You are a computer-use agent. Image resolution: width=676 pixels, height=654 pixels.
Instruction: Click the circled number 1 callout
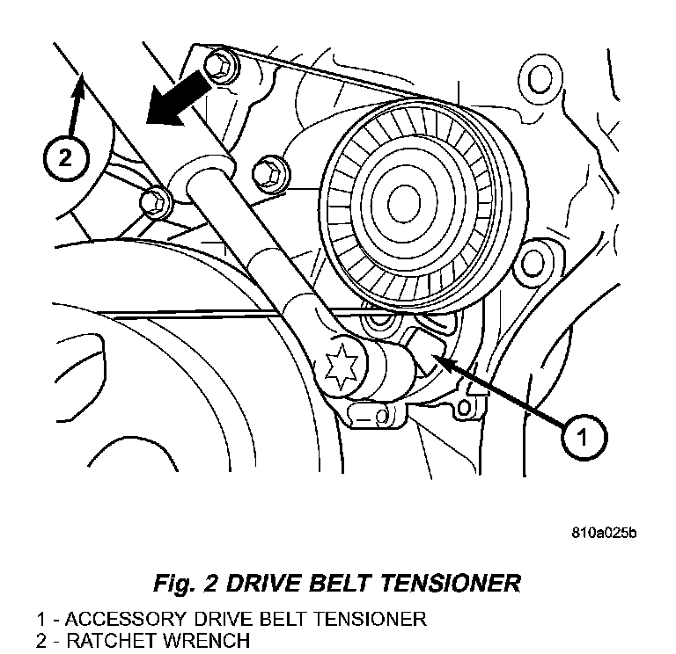(584, 437)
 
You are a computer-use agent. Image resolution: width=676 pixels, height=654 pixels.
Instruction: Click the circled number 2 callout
(66, 157)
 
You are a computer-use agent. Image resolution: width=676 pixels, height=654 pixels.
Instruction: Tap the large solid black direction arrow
(178, 99)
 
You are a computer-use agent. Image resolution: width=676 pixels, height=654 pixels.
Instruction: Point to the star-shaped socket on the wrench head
(340, 367)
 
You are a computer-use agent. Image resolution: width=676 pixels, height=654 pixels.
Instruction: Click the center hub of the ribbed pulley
(404, 204)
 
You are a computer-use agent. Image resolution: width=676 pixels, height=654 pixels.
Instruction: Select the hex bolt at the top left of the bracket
(220, 67)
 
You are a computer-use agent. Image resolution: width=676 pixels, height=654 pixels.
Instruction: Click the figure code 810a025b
(604, 533)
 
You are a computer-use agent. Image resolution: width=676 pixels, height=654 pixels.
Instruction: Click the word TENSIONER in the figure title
(451, 583)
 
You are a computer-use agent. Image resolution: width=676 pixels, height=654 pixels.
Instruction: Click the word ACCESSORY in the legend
(126, 619)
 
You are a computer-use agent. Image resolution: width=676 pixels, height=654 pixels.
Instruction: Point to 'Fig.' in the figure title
(174, 585)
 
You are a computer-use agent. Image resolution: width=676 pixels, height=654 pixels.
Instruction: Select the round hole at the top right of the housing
(539, 78)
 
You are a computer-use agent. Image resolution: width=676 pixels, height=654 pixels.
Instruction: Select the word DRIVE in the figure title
(263, 583)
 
